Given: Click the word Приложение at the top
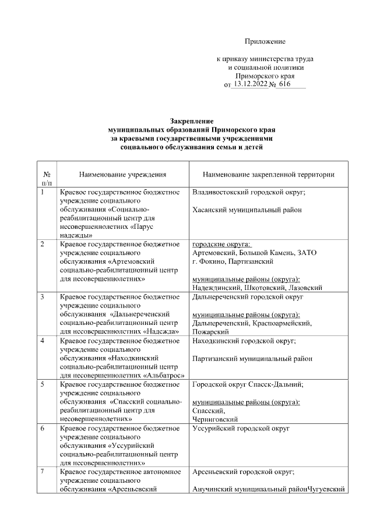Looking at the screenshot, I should coord(265,41).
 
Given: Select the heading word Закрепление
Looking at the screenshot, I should coord(188,120).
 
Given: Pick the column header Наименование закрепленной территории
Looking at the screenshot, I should coord(269,174).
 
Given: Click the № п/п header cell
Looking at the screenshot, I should coord(46,178).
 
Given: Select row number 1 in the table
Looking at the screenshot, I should coord(43,192).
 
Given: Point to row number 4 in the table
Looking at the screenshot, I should coord(43,341).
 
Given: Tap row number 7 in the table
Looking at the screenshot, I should coord(43,472).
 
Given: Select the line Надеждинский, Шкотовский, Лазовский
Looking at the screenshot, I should coord(257,287).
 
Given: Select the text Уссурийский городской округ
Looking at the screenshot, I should coord(241,429).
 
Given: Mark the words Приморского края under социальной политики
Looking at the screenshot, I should coord(265,76).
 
